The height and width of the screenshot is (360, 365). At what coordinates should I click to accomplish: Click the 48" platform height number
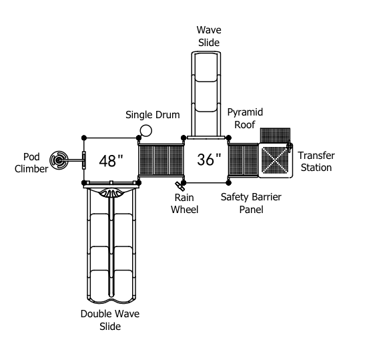111,161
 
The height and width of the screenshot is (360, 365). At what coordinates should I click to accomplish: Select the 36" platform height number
209,160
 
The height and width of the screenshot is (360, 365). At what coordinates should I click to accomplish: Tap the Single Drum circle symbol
146,130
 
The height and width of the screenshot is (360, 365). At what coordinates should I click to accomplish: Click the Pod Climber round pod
59,160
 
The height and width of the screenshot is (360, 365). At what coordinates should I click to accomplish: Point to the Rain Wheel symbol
179,186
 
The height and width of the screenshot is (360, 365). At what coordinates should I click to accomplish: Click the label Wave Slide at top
209,36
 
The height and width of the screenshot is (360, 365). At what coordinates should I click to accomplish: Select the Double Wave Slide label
110,320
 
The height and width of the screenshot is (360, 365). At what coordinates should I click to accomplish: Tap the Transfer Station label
316,162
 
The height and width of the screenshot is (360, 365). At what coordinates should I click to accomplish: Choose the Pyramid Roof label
245,118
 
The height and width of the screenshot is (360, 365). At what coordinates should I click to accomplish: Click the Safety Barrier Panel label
251,203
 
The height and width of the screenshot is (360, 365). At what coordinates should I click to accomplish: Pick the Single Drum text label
153,115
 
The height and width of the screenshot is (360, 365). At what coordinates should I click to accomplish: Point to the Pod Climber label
31,163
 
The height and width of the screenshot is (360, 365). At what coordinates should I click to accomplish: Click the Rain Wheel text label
185,204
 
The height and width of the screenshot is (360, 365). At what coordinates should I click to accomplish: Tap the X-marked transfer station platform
276,160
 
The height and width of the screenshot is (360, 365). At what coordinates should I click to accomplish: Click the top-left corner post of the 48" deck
84,138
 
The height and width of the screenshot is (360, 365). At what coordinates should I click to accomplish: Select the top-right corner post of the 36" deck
229,138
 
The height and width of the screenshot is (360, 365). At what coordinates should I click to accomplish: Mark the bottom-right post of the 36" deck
229,183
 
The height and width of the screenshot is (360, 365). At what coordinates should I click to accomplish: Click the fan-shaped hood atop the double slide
111,193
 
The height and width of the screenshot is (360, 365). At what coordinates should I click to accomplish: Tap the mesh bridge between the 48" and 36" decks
161,160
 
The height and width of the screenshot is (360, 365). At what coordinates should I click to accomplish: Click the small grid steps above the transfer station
275,136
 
